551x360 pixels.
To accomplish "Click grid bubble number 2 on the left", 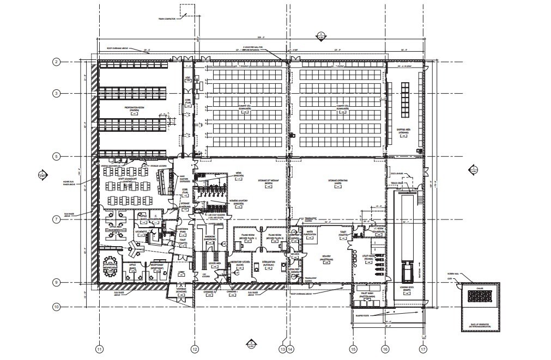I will (56, 62).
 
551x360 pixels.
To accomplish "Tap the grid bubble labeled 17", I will (422, 349).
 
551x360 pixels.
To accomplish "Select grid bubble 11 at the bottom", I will (99, 349).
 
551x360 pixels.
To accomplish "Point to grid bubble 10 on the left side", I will (56, 307).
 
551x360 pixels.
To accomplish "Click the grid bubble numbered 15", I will (353, 349).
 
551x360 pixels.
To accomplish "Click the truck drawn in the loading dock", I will (406, 270).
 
